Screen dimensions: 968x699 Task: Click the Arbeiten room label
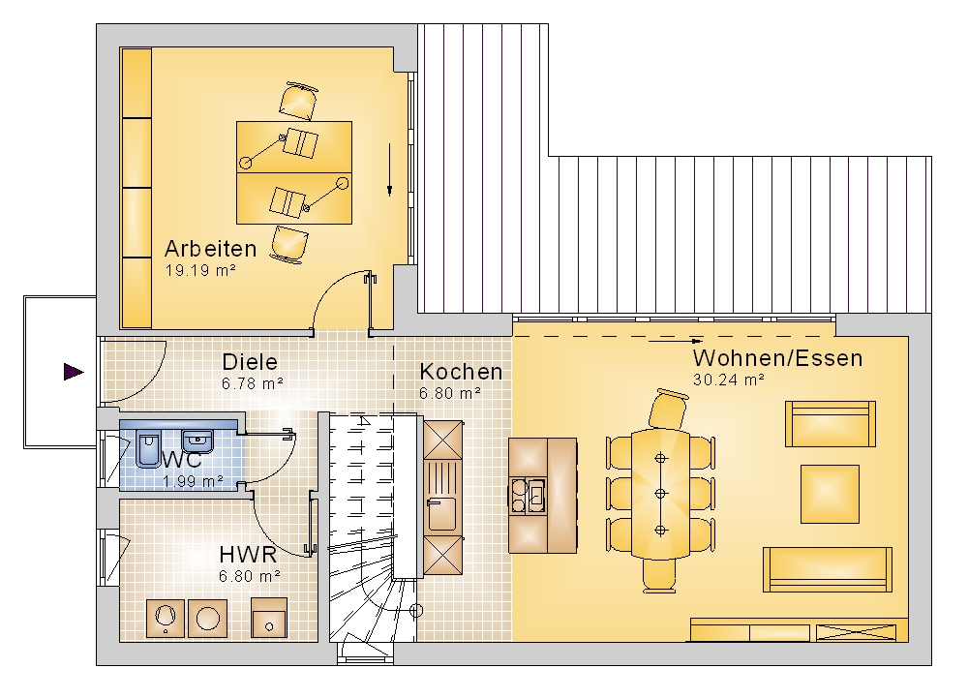210,248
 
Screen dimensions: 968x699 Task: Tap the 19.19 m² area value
200,270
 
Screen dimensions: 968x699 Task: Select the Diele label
250,362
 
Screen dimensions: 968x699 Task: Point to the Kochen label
461,372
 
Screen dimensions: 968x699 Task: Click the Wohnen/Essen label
777,358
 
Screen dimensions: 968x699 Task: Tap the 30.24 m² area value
729,380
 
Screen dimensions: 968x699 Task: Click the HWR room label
248,555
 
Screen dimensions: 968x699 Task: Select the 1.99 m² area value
193,481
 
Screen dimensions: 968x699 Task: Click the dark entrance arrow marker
74,372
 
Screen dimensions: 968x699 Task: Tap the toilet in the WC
148,450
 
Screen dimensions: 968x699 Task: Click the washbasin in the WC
197,441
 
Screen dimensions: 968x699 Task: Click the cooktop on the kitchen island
528,496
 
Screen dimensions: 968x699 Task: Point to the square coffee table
830,494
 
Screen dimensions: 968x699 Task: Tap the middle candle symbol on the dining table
660,494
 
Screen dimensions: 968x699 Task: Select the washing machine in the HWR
208,618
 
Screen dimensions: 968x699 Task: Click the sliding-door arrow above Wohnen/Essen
676,340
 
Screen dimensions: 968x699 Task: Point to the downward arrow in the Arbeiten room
389,170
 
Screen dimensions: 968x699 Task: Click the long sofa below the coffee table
828,569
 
